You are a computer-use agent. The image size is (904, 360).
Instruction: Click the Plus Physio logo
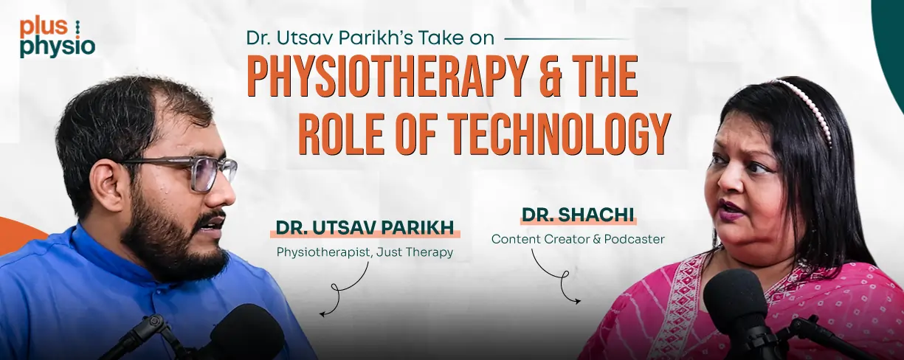[58, 38]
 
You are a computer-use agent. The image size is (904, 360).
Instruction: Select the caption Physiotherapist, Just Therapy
[365, 252]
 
